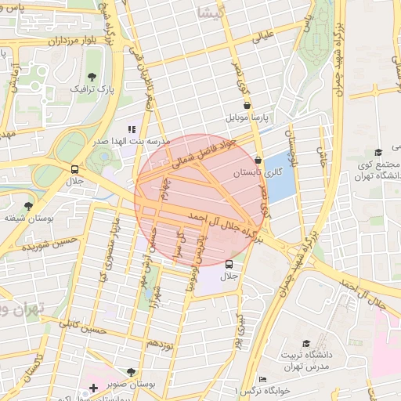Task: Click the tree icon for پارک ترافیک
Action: (92, 77)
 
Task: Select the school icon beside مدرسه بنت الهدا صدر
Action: (132, 128)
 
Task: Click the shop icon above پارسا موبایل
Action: (247, 104)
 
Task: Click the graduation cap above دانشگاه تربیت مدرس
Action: (305, 343)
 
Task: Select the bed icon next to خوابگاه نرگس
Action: (262, 380)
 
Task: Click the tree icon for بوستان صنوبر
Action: (131, 373)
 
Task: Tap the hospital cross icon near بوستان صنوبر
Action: (94, 388)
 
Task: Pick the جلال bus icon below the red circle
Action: (229, 264)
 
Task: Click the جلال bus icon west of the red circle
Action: (74, 169)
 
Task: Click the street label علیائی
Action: (263, 34)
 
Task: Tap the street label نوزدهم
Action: (160, 344)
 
